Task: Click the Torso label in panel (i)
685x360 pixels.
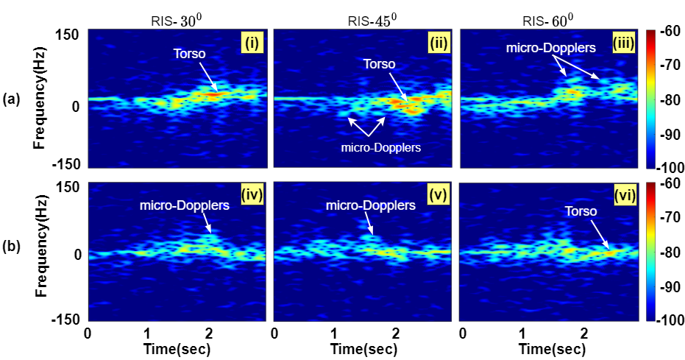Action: [190, 54]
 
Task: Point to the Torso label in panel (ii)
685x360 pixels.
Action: [378, 63]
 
